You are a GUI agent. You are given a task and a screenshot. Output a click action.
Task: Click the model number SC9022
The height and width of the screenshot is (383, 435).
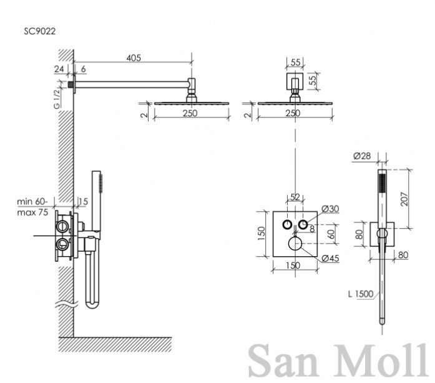(x=40, y=31)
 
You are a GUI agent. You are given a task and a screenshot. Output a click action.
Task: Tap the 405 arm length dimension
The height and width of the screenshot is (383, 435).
(x=134, y=57)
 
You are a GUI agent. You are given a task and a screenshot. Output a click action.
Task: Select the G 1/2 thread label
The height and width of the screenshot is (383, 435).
(x=57, y=98)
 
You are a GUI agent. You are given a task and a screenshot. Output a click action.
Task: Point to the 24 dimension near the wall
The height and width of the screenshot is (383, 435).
(x=59, y=69)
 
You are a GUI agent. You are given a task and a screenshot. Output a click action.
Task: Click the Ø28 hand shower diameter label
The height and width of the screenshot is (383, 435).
(x=362, y=156)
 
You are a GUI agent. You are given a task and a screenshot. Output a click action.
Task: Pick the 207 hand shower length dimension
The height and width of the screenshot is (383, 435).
(x=405, y=199)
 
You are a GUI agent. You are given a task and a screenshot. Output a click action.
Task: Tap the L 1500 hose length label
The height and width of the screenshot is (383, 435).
(x=361, y=294)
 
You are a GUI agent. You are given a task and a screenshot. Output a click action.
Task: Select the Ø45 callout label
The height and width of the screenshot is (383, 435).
(x=330, y=258)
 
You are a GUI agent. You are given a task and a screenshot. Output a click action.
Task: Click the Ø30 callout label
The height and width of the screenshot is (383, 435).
(x=330, y=209)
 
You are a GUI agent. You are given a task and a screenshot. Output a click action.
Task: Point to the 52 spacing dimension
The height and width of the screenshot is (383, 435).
(x=295, y=197)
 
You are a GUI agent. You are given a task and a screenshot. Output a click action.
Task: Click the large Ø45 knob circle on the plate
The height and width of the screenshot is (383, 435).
(x=295, y=244)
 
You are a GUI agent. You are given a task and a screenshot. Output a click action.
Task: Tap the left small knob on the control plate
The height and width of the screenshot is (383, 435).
(x=287, y=224)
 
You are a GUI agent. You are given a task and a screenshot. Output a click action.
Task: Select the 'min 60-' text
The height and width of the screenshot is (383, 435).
(x=32, y=201)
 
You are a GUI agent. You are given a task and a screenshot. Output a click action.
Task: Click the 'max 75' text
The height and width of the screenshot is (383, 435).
(x=32, y=212)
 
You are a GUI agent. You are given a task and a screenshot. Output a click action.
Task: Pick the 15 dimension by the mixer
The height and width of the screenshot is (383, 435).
(x=83, y=201)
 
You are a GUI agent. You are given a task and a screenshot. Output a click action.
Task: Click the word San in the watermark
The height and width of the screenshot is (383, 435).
(x=283, y=361)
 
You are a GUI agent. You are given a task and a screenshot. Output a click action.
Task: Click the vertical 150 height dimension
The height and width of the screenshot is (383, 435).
(x=261, y=234)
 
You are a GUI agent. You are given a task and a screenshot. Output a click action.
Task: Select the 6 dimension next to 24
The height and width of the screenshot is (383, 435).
(x=83, y=69)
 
